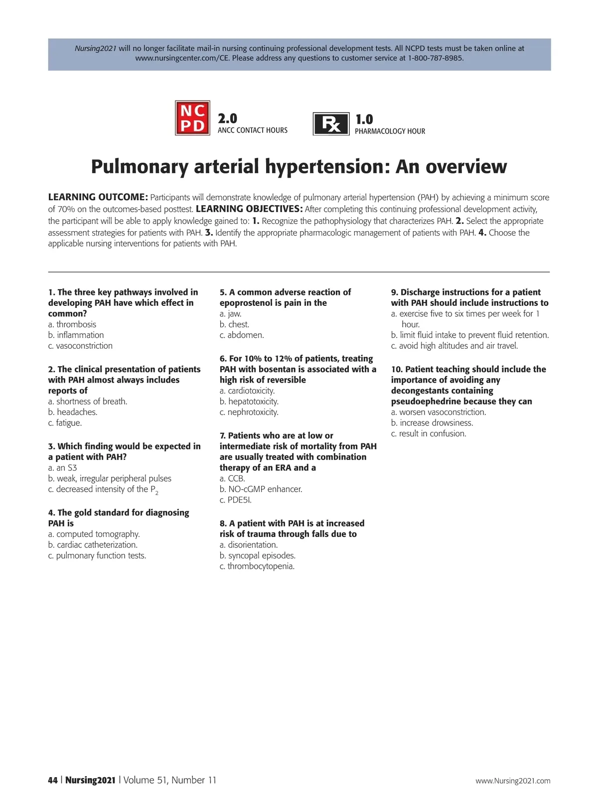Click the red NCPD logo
pyautogui.click(x=192, y=118)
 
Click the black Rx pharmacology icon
pyautogui.click(x=331, y=124)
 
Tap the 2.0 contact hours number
pyautogui.click(x=227, y=119)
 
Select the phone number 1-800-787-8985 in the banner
pyautogui.click(x=436, y=58)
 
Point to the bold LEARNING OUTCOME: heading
pyautogui.click(x=98, y=197)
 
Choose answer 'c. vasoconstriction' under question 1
pyautogui.click(x=80, y=346)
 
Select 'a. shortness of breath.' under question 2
pyautogui.click(x=88, y=402)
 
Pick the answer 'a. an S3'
pyautogui.click(x=62, y=468)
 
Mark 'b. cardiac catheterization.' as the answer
pyautogui.click(x=93, y=545)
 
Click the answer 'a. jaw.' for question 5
pyautogui.click(x=230, y=314)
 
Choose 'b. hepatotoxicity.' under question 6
pyautogui.click(x=249, y=402)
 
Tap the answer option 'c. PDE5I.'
pyautogui.click(x=235, y=500)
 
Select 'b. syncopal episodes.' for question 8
pyautogui.click(x=257, y=555)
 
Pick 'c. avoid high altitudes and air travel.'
pyautogui.click(x=454, y=346)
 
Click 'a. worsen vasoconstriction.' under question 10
pyautogui.click(x=438, y=412)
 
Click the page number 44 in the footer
pyautogui.click(x=53, y=780)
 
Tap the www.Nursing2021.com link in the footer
pyautogui.click(x=513, y=781)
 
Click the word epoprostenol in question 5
pyautogui.click(x=248, y=303)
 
